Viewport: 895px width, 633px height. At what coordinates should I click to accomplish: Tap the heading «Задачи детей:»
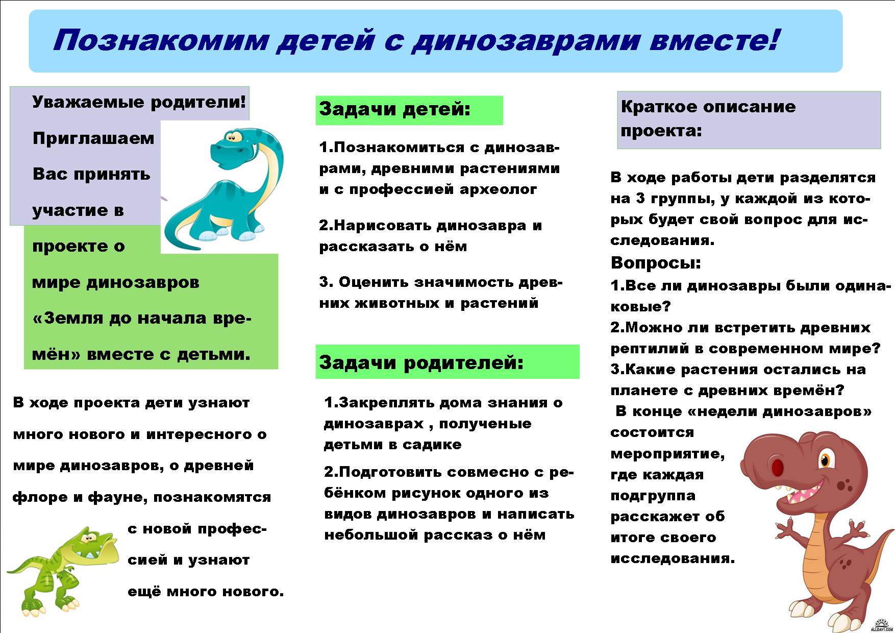(x=394, y=109)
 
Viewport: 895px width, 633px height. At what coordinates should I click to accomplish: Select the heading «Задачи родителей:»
(x=421, y=362)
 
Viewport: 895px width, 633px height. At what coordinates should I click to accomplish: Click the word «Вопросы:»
(x=656, y=263)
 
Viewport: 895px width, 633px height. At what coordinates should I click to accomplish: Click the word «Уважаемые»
(x=89, y=102)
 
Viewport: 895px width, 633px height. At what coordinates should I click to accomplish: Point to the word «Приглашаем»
(x=93, y=138)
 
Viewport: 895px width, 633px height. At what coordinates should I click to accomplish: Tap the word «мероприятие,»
(x=667, y=454)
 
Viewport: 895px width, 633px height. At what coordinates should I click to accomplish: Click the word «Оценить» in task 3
(x=374, y=282)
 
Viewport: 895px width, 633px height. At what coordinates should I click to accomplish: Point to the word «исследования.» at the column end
(x=673, y=558)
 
